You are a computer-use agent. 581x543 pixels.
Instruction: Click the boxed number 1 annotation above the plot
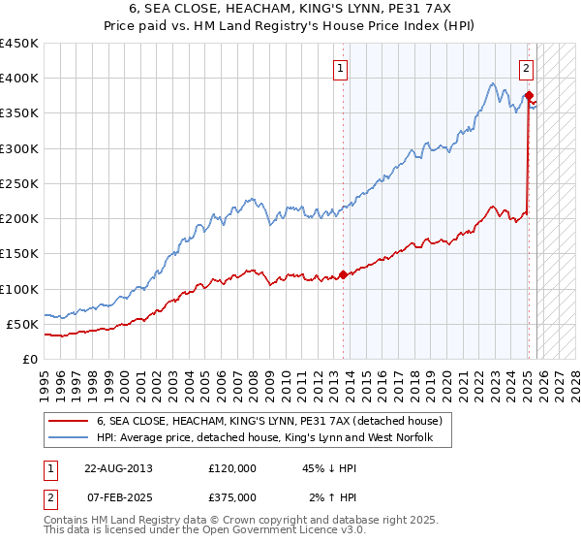343,68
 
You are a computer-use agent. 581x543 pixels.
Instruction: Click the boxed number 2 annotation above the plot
526,68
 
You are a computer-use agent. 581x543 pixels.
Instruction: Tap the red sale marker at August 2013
344,275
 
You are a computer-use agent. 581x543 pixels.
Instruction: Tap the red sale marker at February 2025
528,96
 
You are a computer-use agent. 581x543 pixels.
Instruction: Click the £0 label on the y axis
30,359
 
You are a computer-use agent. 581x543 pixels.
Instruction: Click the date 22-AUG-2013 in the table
118,467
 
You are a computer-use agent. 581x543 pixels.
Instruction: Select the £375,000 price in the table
232,496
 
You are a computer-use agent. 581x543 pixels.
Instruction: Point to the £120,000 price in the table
232,467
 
